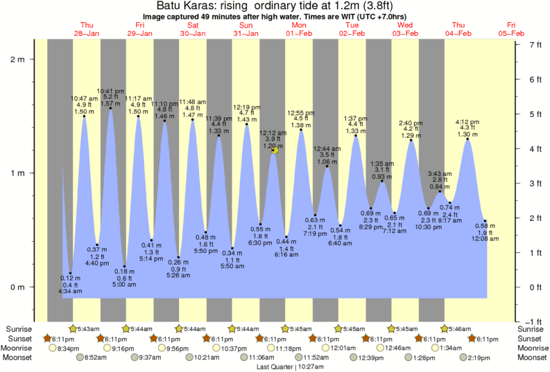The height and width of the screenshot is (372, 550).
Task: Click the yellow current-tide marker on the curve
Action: coord(275,150)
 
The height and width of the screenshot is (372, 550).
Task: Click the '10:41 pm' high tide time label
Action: coord(111,91)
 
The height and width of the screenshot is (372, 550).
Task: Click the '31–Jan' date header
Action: coord(246,33)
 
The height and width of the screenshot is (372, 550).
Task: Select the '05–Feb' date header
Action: coord(512,33)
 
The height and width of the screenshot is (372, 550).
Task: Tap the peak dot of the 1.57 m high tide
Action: coord(111,108)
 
